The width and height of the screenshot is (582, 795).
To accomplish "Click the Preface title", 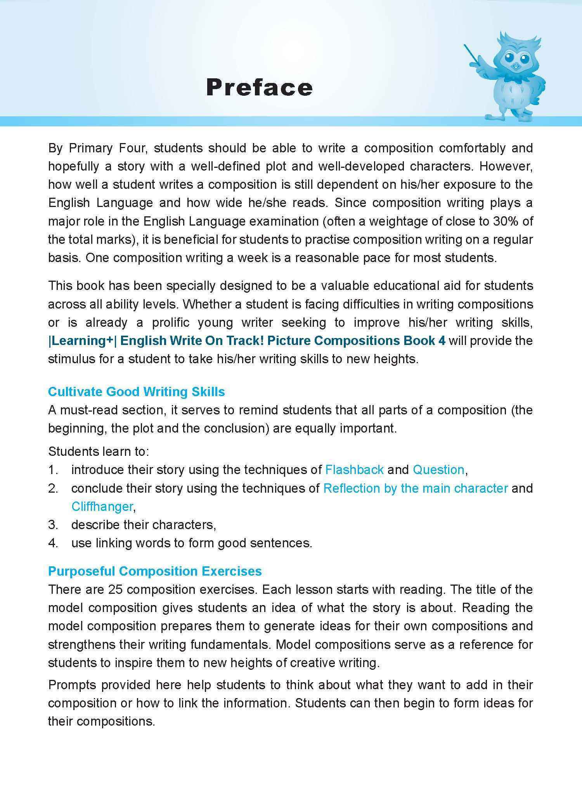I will pyautogui.click(x=259, y=87).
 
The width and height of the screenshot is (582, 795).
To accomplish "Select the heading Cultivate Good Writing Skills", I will pyautogui.click(x=136, y=391).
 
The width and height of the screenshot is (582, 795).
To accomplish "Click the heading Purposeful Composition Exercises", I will pyautogui.click(x=155, y=571).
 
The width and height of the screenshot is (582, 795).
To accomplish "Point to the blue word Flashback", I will pyautogui.click(x=354, y=470).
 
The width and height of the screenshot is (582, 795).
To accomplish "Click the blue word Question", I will pyautogui.click(x=438, y=470).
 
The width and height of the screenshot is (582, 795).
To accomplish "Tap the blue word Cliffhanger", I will pyautogui.click(x=102, y=507).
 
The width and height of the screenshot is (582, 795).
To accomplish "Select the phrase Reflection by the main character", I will pyautogui.click(x=415, y=488).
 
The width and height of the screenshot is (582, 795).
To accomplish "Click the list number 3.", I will pyautogui.click(x=53, y=525).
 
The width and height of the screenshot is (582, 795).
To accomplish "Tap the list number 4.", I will pyautogui.click(x=53, y=543).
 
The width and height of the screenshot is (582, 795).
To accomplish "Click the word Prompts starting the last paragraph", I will pyautogui.click(x=72, y=685).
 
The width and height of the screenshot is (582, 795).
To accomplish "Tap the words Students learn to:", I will pyautogui.click(x=99, y=452).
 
